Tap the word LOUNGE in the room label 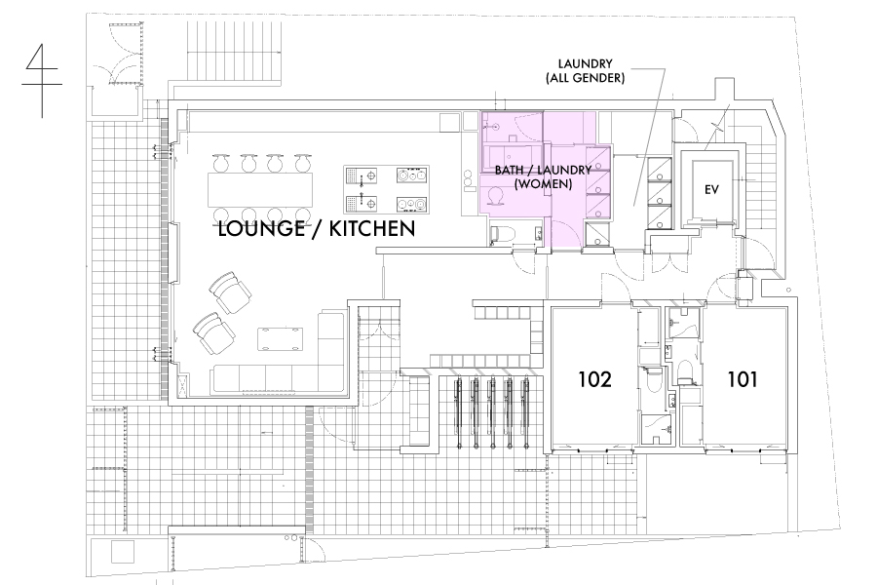[261, 229]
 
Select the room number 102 [594, 379]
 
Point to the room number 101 [743, 379]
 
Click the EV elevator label [711, 190]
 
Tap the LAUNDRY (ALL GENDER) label [585, 71]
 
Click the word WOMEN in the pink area [543, 183]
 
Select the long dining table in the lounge [260, 191]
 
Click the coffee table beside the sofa [281, 339]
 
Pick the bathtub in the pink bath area [513, 159]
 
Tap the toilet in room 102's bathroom [652, 380]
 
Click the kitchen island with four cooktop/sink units [387, 190]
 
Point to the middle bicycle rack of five [492, 413]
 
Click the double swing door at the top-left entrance [116, 54]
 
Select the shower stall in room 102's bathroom [658, 429]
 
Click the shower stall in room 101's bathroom [683, 324]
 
